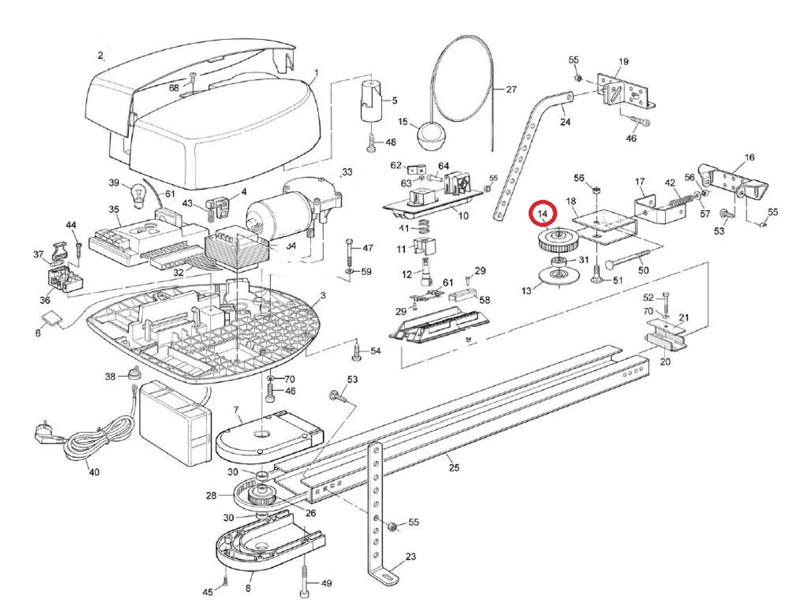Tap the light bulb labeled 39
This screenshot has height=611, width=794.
135,193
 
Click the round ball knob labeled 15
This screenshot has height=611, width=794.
427,136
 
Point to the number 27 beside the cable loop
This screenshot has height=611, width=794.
511,90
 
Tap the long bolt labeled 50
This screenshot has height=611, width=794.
627,258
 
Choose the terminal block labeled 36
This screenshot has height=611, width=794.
63,279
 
